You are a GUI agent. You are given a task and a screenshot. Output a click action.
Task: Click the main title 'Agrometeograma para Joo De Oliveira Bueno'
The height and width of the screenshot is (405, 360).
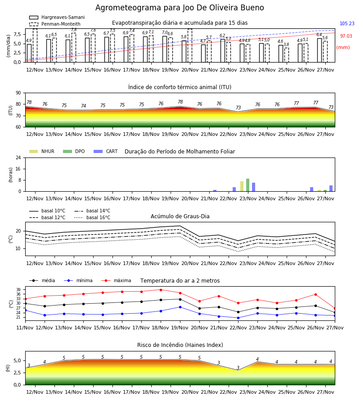point(180,8)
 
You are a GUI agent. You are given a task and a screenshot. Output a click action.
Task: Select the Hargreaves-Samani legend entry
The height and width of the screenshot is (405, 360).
point(57,17)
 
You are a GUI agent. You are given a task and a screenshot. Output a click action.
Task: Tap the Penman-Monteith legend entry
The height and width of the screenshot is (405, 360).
point(55,24)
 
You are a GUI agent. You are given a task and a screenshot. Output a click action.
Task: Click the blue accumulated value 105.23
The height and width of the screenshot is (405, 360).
point(347,23)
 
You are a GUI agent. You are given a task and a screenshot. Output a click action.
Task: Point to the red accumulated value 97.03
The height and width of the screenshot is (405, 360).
point(346,36)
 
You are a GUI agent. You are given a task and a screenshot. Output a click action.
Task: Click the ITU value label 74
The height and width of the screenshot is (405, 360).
point(83,106)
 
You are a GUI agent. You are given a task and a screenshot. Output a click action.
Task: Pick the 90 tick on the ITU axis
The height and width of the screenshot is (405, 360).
point(18,93)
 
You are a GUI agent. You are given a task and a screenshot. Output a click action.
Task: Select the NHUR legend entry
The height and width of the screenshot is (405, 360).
point(42,151)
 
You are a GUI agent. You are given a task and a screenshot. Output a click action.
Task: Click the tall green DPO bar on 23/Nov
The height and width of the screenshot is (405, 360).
point(247,185)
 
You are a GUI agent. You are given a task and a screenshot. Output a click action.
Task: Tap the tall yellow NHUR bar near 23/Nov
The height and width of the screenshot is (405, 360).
point(242,186)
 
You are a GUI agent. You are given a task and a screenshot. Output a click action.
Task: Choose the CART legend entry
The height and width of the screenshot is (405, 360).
point(105,151)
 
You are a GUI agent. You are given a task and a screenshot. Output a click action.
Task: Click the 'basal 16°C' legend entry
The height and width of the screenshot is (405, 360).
point(92,217)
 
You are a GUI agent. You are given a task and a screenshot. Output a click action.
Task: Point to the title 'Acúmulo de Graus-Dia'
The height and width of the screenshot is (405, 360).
point(180,216)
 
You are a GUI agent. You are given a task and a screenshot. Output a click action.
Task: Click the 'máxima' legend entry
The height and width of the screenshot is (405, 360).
point(116,280)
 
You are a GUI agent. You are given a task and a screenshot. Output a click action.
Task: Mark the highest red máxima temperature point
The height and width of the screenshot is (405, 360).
point(161,290)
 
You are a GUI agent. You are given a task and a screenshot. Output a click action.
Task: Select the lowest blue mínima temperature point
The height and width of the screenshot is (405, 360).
point(238,318)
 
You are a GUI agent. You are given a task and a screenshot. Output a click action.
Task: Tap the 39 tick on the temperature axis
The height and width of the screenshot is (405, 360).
point(19,289)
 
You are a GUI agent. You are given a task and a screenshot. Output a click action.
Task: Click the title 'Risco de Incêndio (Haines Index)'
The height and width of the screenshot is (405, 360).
point(180,345)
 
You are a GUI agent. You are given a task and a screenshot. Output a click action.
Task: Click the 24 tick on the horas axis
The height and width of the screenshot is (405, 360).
point(18,157)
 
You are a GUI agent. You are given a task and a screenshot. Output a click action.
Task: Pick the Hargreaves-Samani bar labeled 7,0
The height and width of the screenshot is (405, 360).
point(165,49)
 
